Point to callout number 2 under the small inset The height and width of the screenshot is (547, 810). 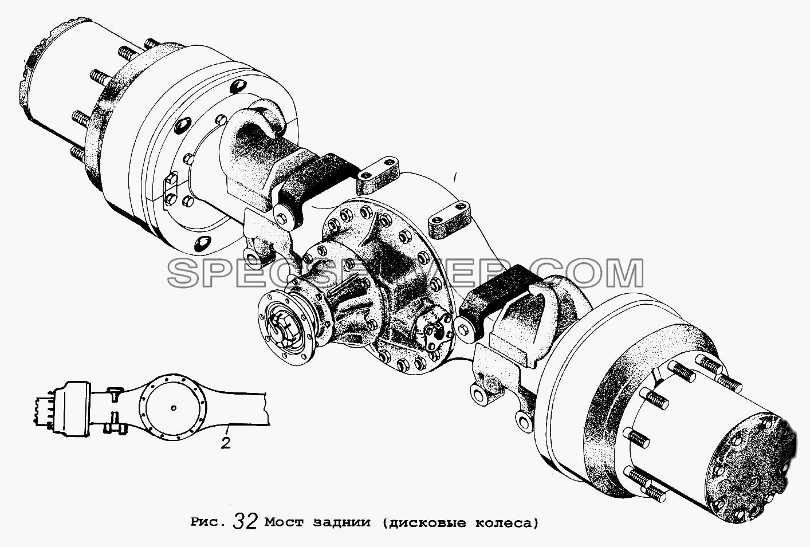[x=226, y=443]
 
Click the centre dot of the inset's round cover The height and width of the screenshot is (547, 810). [x=174, y=408]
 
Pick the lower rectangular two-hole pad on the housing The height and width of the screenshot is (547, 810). [x=450, y=221]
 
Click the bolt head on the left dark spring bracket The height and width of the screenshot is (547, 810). [x=282, y=218]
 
